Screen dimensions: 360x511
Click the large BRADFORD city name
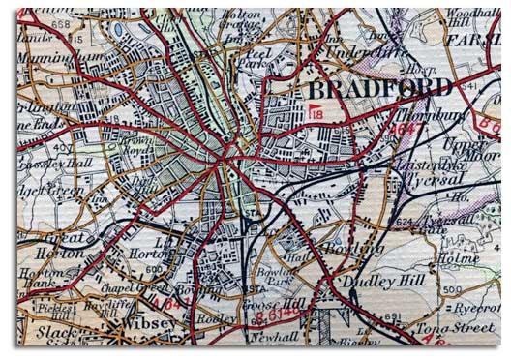(x=378, y=88)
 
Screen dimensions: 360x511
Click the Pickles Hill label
(x=42, y=309)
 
